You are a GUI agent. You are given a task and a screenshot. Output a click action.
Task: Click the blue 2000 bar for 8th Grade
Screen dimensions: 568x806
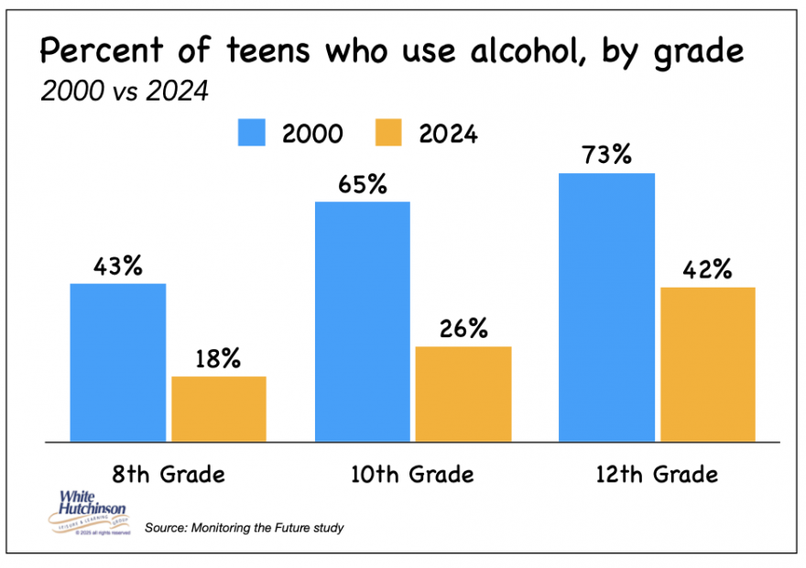click(118, 363)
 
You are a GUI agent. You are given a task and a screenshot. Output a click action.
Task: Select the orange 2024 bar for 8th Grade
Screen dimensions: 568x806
click(219, 409)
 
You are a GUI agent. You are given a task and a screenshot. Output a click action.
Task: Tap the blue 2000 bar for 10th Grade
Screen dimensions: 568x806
click(363, 322)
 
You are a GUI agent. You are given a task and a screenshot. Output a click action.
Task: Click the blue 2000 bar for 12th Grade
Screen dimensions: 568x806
click(607, 307)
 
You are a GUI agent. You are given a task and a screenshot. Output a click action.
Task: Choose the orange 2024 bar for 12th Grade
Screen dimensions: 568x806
click(707, 364)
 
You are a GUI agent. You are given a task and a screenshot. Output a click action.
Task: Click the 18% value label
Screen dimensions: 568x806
click(218, 359)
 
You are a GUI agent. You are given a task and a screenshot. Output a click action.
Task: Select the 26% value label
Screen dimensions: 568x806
click(463, 329)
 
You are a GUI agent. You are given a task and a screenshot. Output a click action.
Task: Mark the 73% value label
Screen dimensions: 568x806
click(607, 155)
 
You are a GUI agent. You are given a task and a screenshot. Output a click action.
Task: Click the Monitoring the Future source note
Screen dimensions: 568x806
click(244, 529)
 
